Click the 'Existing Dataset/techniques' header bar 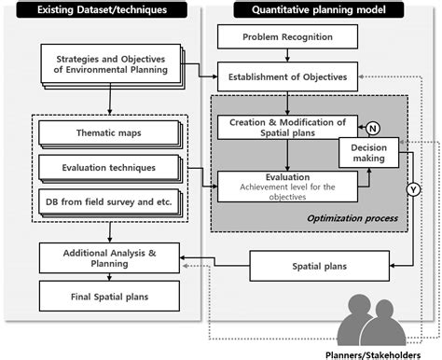pyautogui.click(x=102, y=10)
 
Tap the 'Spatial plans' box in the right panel pyautogui.click(x=312, y=267)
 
